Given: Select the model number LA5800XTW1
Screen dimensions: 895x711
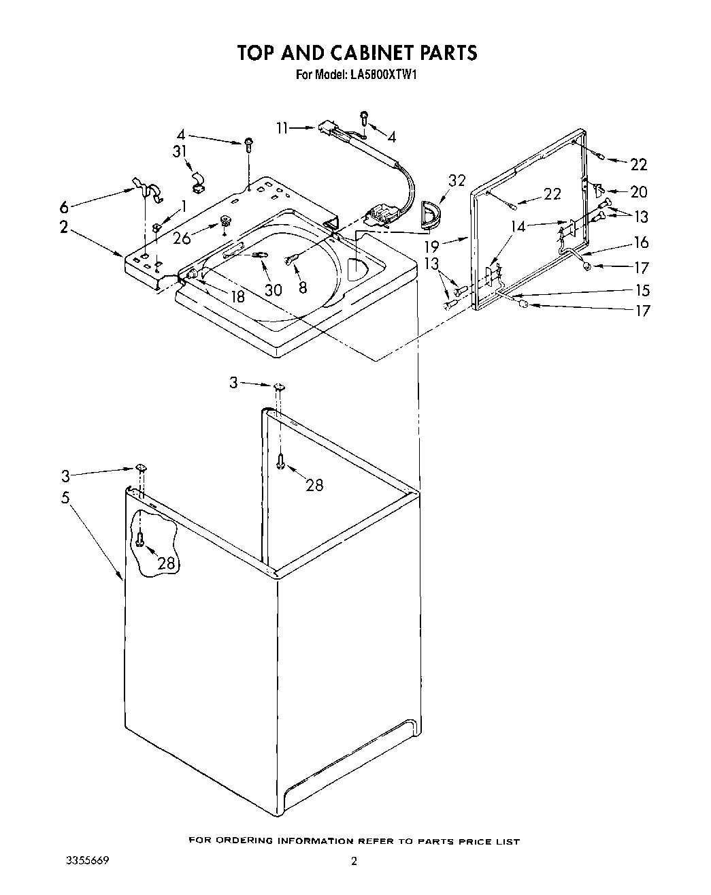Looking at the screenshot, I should click(x=383, y=75).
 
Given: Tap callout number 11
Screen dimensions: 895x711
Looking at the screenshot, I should click(x=284, y=127).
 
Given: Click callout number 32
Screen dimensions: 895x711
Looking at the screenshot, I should click(x=457, y=180).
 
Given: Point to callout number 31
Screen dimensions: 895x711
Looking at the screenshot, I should click(x=180, y=151).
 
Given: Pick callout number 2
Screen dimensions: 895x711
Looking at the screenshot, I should click(x=63, y=227).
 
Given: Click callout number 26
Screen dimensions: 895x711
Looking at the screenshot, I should click(x=182, y=238).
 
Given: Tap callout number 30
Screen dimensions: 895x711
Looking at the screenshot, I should click(x=273, y=289).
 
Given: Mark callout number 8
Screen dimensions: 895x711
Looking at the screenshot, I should click(x=302, y=287).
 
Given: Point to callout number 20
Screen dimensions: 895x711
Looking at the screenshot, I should click(x=639, y=192).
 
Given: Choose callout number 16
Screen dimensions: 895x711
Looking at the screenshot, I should click(x=641, y=242).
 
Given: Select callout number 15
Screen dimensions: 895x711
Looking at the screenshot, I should click(x=642, y=289).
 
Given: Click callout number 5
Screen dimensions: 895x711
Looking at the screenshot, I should click(x=65, y=498).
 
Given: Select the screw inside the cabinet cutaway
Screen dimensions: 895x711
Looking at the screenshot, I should click(x=140, y=539).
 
